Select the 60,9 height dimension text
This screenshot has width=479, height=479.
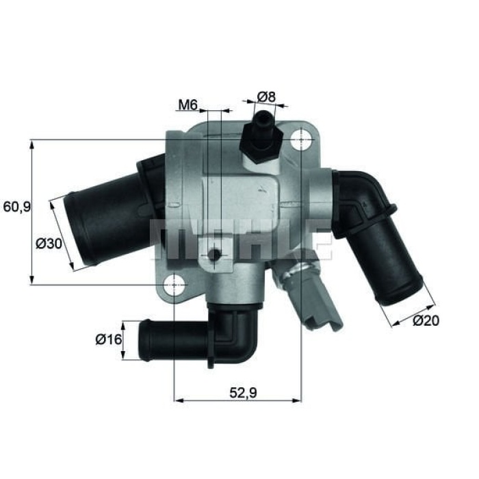pyautogui.click(x=16, y=207)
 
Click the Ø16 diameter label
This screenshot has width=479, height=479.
pyautogui.click(x=108, y=338)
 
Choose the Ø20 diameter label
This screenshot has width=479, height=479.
pyautogui.click(x=426, y=321)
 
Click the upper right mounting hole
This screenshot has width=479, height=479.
pyautogui.click(x=300, y=140)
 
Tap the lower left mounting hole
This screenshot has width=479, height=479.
pyautogui.click(x=176, y=283)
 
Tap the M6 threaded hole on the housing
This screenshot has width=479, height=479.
pyautogui.click(x=215, y=255)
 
